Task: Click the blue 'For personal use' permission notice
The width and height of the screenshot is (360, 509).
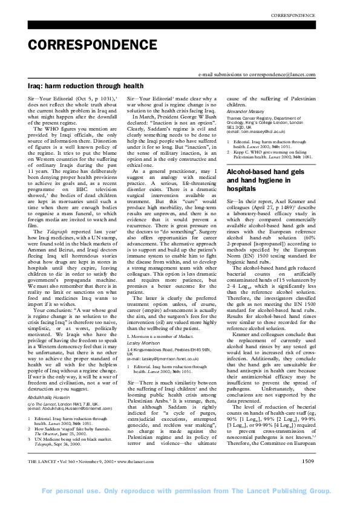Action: [x=180, y=501]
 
